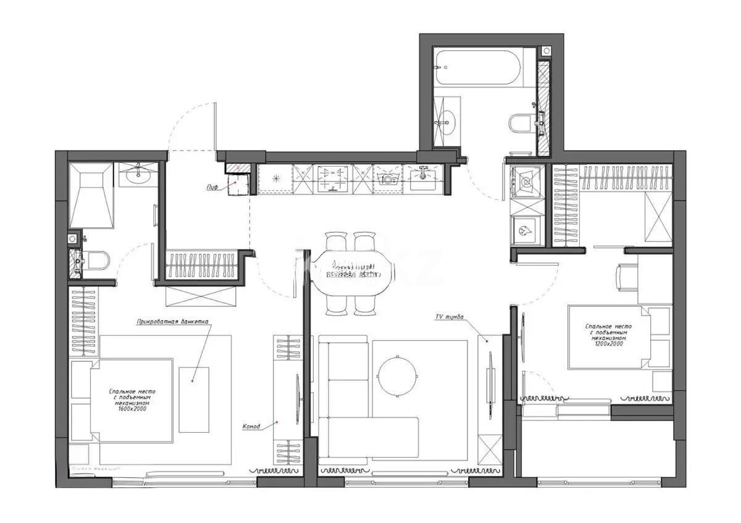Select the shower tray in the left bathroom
tap(91, 195)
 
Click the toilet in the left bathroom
tap(96, 261)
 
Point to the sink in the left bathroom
tap(138, 175)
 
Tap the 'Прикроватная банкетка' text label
tap(173, 321)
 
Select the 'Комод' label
tap(251, 427)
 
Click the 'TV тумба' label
tap(449, 317)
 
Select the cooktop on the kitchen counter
tap(333, 179)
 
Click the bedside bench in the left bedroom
tap(194, 400)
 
